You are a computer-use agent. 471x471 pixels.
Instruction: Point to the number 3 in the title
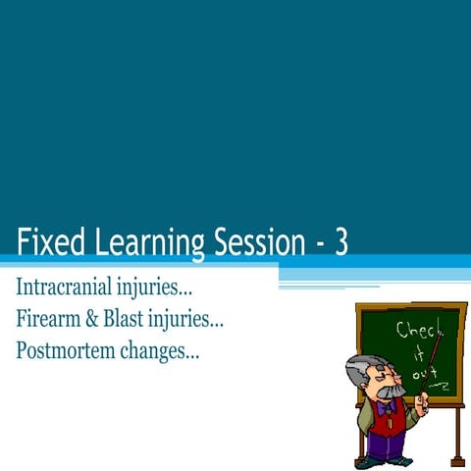(x=340, y=241)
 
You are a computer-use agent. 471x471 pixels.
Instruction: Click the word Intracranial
(x=65, y=289)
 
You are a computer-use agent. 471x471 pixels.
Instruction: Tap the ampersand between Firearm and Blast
(x=95, y=319)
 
